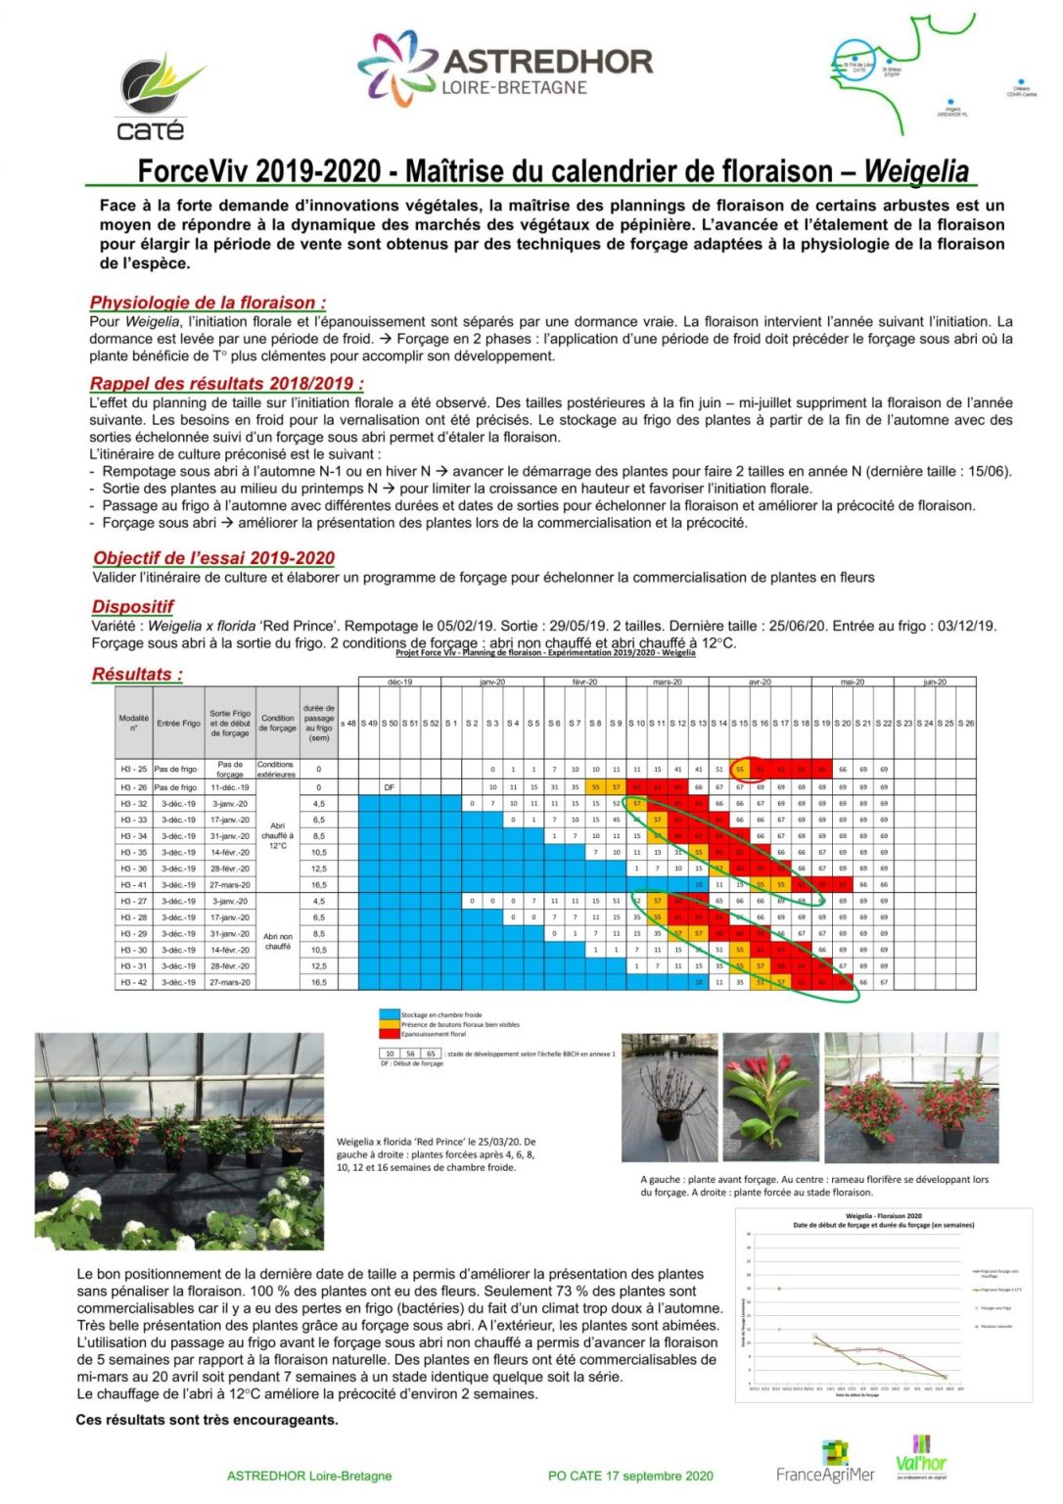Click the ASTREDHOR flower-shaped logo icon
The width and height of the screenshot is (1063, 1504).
coord(396,66)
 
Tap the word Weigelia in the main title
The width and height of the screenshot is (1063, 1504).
coord(916,171)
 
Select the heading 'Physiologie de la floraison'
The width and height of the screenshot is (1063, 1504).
coord(208,303)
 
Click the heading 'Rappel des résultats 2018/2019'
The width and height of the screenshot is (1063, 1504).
coord(226,383)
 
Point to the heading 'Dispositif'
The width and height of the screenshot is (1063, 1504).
coord(132,606)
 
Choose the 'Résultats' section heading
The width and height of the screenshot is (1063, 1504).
coord(136,674)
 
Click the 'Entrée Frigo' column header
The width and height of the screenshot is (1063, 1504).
coord(178,723)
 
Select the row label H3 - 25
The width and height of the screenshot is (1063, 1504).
coord(134,770)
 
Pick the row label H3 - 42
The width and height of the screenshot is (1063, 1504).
coord(134,981)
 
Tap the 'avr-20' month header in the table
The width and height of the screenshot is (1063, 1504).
coord(760,681)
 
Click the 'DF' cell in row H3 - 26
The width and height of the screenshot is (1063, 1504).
coord(390,786)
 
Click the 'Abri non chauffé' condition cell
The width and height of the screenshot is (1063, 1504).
coord(278,941)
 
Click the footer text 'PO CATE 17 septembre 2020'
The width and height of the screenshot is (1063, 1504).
coord(630,1476)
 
